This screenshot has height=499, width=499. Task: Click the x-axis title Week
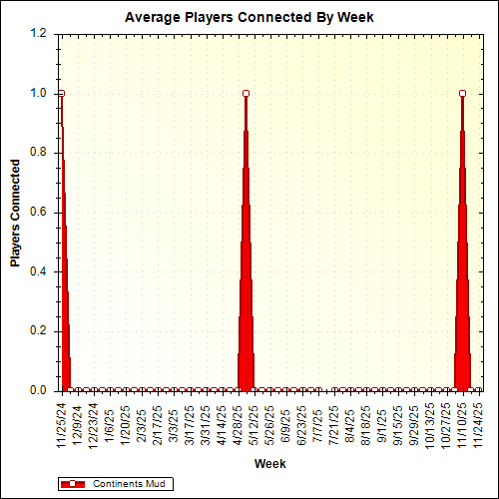(x=269, y=464)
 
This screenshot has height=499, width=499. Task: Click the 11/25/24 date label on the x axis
(x=61, y=422)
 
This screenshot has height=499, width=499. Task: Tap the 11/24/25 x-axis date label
(x=479, y=422)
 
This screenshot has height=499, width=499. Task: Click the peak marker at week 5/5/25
(x=246, y=93)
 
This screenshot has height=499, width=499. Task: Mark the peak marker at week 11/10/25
(x=463, y=93)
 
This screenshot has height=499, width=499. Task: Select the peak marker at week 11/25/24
(x=61, y=93)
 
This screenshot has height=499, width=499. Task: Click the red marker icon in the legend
(x=73, y=484)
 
